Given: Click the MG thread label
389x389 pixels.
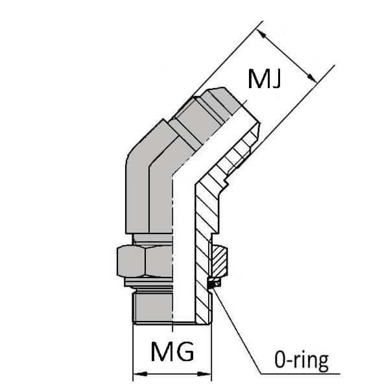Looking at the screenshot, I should pyautogui.click(x=172, y=353).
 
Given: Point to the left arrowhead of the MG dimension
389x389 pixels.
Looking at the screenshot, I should pyautogui.click(x=137, y=375).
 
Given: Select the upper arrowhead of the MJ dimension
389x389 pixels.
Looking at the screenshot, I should pyautogui.click(x=261, y=29).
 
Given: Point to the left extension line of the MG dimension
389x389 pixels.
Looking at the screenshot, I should pyautogui.click(x=133, y=350).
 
